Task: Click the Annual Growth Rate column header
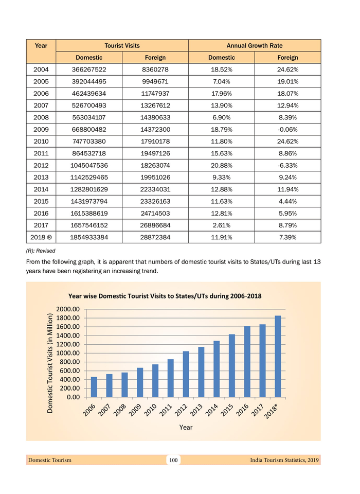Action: [255, 45]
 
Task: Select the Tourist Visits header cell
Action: [122, 45]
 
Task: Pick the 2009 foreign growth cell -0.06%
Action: [287, 130]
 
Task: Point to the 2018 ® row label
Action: [41, 238]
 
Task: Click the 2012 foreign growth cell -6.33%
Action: [287, 166]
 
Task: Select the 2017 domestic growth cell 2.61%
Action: [222, 225]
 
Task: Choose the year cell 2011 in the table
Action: [41, 153]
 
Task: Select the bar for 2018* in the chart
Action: [278, 356]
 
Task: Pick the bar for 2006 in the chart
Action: [94, 387]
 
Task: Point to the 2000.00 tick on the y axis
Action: [68, 309]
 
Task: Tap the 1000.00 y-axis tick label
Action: [68, 353]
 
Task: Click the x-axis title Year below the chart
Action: [186, 427]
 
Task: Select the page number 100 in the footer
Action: [173, 460]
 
